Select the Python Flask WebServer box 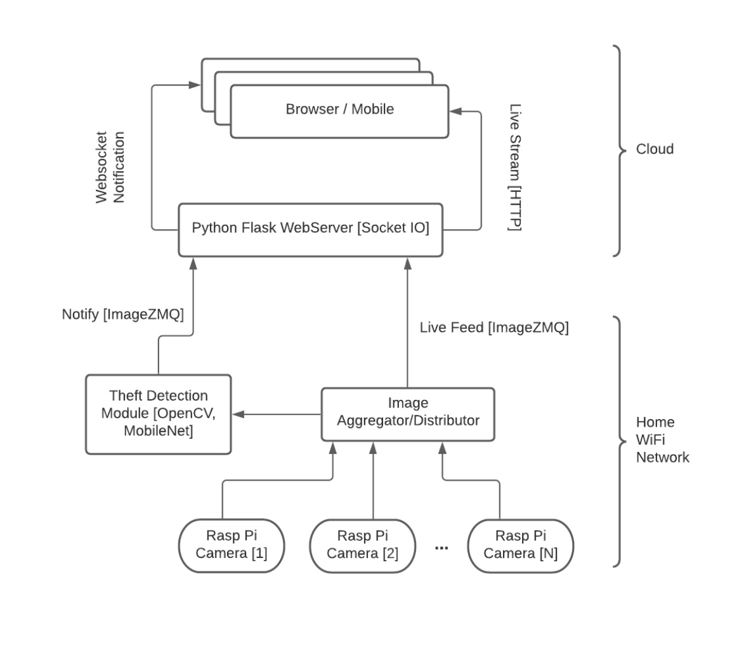(310, 229)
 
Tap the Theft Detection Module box (158, 414)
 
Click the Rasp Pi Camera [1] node (231, 545)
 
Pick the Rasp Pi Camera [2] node (362, 545)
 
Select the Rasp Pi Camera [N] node (520, 545)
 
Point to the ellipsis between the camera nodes (442, 547)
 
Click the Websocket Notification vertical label (110, 168)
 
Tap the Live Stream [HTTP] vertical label (515, 168)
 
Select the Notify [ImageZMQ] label (122, 314)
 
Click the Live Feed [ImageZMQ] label (494, 328)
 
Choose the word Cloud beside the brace (655, 149)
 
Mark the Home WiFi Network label (662, 439)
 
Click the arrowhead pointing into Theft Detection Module (237, 415)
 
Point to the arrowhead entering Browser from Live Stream (455, 112)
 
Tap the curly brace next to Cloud (618, 150)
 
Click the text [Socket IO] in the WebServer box (393, 229)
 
